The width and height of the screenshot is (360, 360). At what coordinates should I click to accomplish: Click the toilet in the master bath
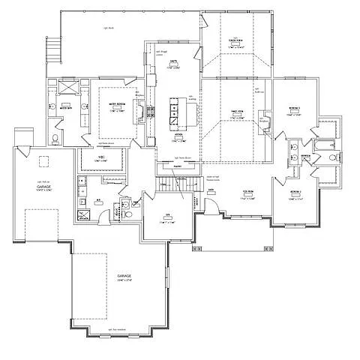pos(55,139)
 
